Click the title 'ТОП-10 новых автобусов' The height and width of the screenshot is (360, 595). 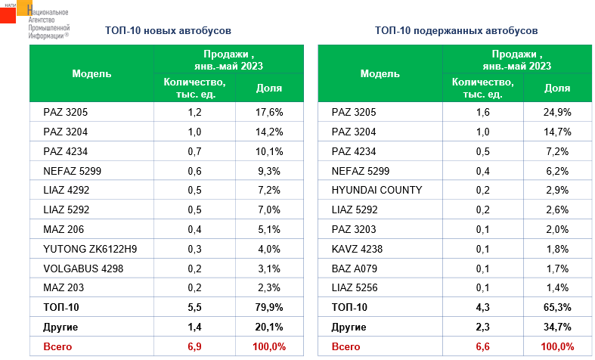(x=167, y=31)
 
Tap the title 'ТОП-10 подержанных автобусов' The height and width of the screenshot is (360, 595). (x=456, y=31)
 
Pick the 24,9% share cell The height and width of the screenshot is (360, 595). (x=557, y=112)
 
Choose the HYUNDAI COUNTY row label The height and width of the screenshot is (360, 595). (x=377, y=190)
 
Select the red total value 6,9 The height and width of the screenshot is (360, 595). (x=194, y=346)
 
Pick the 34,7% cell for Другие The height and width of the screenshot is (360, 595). (x=557, y=327)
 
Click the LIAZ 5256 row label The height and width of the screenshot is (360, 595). (x=357, y=288)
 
